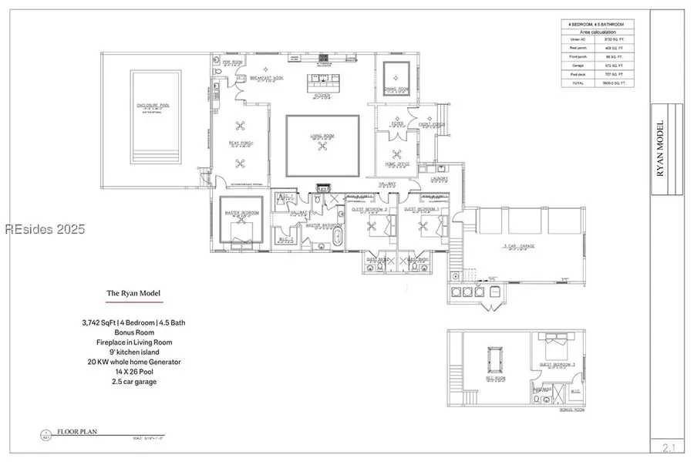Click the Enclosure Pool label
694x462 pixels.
point(155,106)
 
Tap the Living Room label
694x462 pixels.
point(322,137)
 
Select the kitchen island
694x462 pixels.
point(322,79)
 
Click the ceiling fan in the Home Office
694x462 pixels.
point(397,153)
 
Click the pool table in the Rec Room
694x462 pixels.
point(494,359)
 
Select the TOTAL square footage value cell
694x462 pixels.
point(613,83)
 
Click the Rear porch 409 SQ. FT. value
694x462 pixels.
point(613,48)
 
